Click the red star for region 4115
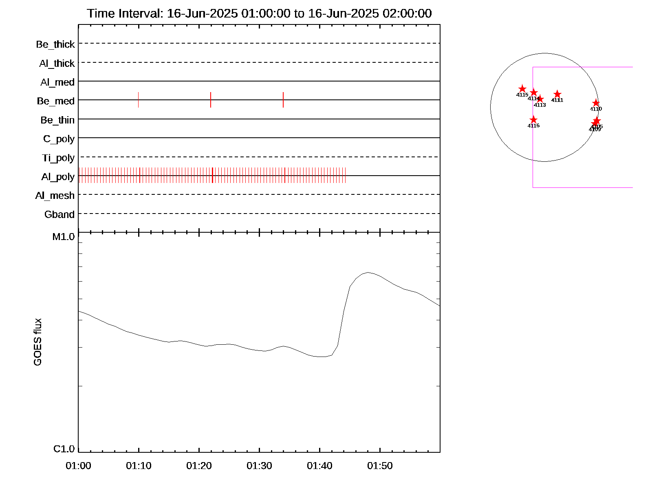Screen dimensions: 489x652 522,89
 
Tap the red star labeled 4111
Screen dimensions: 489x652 557,94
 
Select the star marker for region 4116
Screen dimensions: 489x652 533,119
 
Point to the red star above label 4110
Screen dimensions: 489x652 596,103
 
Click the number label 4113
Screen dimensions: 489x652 540,105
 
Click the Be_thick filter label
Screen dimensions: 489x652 55,44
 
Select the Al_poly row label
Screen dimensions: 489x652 58,176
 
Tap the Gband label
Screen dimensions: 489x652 59,214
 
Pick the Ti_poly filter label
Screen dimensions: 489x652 58,158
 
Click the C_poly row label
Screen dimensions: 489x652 59,139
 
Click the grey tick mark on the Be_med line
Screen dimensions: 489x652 139,100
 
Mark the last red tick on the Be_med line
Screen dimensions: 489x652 283,100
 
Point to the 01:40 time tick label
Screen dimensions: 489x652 319,465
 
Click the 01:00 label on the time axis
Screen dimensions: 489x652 78,465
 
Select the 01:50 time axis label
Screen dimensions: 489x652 380,465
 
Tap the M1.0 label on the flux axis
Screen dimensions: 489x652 64,236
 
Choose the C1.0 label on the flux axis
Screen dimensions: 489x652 64,449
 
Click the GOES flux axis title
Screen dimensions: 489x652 37,342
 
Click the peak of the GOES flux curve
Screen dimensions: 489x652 368,272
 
